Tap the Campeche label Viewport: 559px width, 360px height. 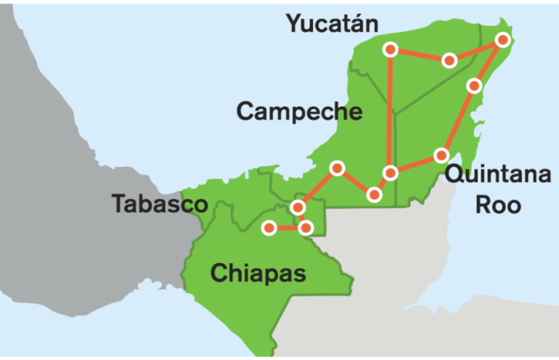(x=300, y=112)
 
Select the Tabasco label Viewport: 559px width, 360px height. (x=160, y=203)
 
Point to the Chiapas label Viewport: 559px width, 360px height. (x=259, y=273)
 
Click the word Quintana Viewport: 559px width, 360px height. (x=497, y=176)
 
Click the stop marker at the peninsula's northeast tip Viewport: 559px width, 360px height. (x=503, y=40)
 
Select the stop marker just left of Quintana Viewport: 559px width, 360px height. (x=441, y=156)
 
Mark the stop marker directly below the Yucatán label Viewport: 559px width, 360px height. (x=390, y=50)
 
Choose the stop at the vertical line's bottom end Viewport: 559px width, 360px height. (x=390, y=173)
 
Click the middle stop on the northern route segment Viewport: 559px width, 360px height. (x=449, y=60)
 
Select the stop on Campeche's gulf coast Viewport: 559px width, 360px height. (x=337, y=168)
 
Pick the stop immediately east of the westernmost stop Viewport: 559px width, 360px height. (x=305, y=227)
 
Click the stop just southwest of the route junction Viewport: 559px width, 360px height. (x=374, y=195)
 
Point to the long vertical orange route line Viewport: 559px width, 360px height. (x=389, y=112)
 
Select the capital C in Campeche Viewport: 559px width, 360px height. (x=246, y=112)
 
